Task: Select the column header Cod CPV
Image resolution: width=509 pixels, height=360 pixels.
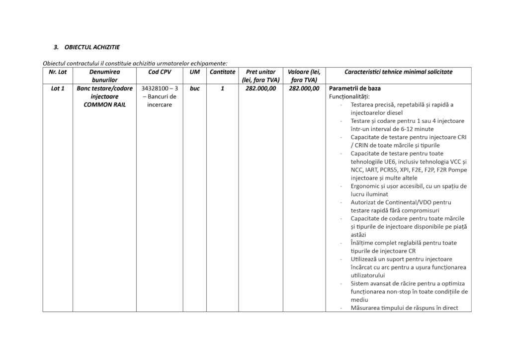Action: (160, 72)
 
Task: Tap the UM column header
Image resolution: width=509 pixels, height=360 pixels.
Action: (194, 72)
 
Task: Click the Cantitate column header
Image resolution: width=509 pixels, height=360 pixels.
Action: (222, 72)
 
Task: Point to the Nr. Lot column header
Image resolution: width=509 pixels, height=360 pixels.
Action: (58, 72)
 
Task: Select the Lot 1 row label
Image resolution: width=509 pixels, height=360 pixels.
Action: (58, 89)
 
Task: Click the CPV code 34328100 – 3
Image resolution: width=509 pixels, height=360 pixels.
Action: (160, 89)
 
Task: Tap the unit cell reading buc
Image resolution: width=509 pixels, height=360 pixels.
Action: (194, 89)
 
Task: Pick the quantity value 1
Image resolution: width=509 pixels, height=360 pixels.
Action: (222, 89)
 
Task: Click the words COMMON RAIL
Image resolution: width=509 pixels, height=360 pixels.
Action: (104, 105)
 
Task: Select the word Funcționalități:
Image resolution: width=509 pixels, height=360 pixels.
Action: (349, 96)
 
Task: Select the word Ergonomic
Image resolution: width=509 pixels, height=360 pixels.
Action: (366, 186)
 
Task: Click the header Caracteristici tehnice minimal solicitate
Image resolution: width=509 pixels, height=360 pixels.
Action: (398, 72)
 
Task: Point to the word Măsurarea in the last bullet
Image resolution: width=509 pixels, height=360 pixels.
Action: (368, 308)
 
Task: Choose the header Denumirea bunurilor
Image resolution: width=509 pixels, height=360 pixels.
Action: (104, 76)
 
